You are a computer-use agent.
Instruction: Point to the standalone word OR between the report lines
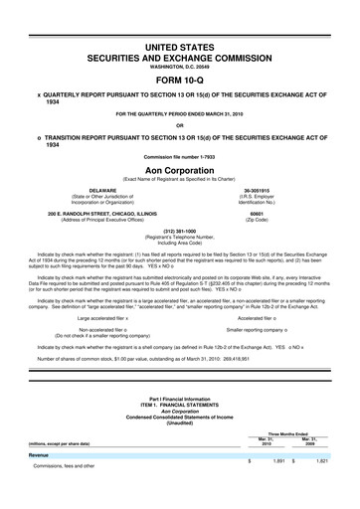[179, 124]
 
